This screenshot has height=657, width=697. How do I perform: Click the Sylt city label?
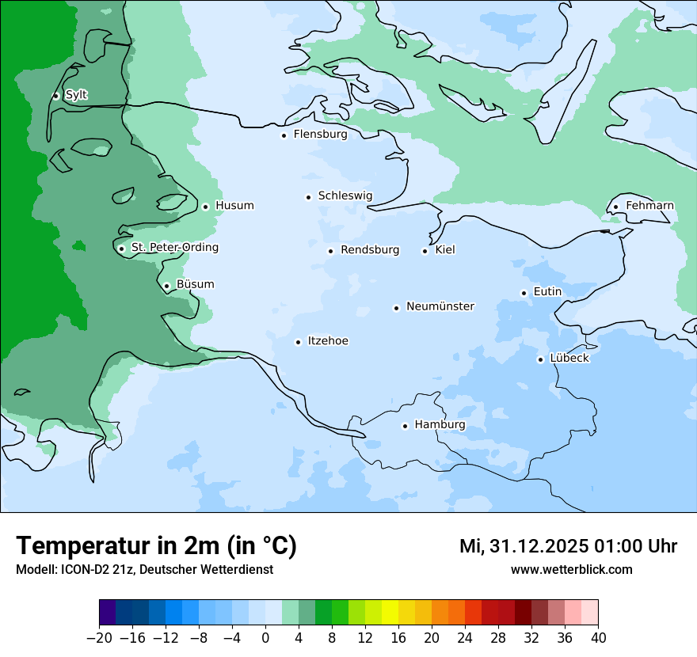tap(76, 95)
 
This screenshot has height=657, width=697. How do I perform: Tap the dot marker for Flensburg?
tap(284, 135)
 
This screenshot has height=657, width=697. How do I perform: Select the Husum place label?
tap(234, 206)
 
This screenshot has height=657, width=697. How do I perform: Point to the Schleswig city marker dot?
tap(308, 197)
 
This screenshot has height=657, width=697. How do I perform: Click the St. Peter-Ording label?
tap(174, 248)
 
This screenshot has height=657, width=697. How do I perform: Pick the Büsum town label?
tap(195, 284)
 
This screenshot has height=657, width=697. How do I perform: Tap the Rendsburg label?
tap(369, 250)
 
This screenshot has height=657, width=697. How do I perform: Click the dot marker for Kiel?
tap(425, 251)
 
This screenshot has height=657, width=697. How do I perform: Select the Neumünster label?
tap(440, 306)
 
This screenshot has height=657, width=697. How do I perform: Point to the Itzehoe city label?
tap(328, 341)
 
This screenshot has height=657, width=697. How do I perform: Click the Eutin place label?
tap(547, 292)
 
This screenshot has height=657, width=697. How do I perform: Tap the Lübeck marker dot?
tap(540, 359)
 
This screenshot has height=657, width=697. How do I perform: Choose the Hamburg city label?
tap(440, 425)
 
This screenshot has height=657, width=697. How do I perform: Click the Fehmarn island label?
tap(649, 206)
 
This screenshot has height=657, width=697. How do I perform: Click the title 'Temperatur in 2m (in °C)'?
tap(156, 545)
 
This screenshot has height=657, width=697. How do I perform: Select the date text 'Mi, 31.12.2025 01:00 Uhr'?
tap(568, 546)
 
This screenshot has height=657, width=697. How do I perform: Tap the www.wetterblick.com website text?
tap(571, 569)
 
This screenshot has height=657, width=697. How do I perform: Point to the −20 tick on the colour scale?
tap(99, 638)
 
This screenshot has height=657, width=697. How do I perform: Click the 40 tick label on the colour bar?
tap(598, 638)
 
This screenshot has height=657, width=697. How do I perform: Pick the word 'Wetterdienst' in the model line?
tap(236, 569)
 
